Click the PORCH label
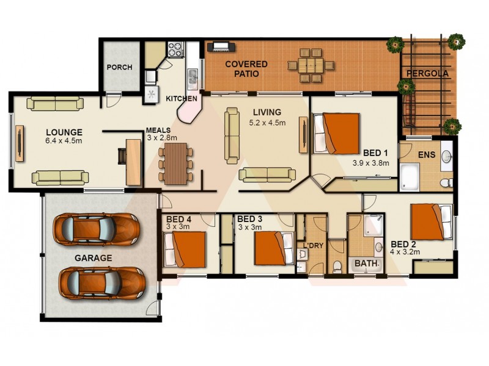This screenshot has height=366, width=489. tap(119, 67)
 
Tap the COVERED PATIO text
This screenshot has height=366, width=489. tap(246, 69)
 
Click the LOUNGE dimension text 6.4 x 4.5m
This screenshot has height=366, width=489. tap(64, 141)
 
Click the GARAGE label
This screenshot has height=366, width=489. tap(93, 258)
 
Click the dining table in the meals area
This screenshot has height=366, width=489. tap(176, 164)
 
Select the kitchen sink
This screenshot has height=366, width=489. tap(193, 76)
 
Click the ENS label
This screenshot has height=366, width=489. tap(426, 155)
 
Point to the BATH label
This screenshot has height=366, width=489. tap(367, 264)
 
